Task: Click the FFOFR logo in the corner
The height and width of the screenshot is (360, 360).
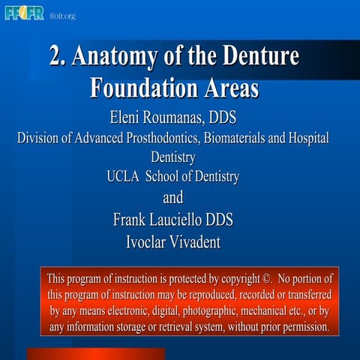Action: coord(24,13)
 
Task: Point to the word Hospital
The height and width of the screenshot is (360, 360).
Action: coord(307,139)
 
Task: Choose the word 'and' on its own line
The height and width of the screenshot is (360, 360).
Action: coord(172,198)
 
